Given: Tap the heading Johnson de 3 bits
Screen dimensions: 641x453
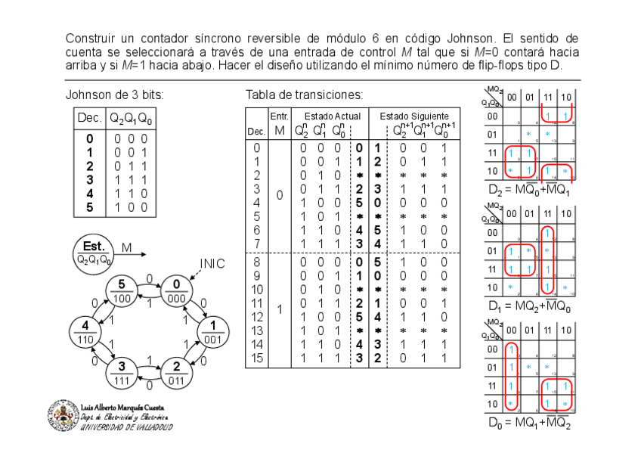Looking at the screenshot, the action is tap(114, 95).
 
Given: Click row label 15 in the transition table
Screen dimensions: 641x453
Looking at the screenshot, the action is tap(258, 358).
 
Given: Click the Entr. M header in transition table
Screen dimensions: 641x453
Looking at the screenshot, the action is tap(279, 123).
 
